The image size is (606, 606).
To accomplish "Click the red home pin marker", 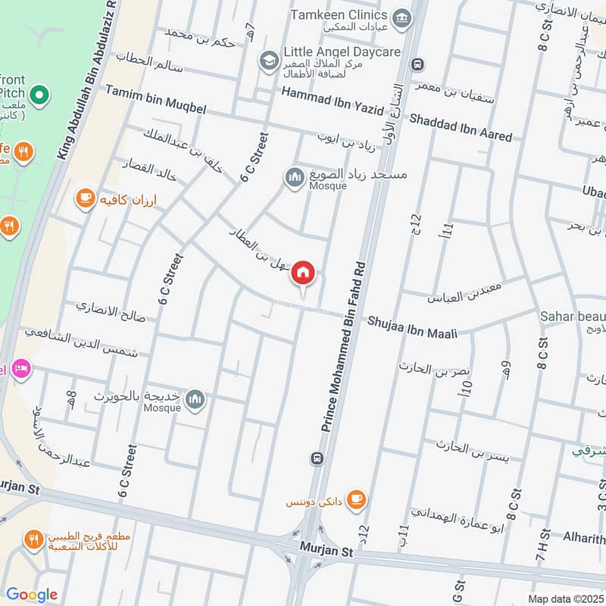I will [x=303, y=273].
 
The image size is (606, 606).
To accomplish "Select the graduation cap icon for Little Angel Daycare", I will [x=268, y=59].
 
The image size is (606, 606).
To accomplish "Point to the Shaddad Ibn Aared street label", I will [x=461, y=127].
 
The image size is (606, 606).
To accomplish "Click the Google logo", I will [x=31, y=595].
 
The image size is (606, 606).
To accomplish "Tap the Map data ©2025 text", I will [x=564, y=598].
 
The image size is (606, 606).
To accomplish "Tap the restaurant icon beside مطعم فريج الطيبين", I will [x=33, y=540].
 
